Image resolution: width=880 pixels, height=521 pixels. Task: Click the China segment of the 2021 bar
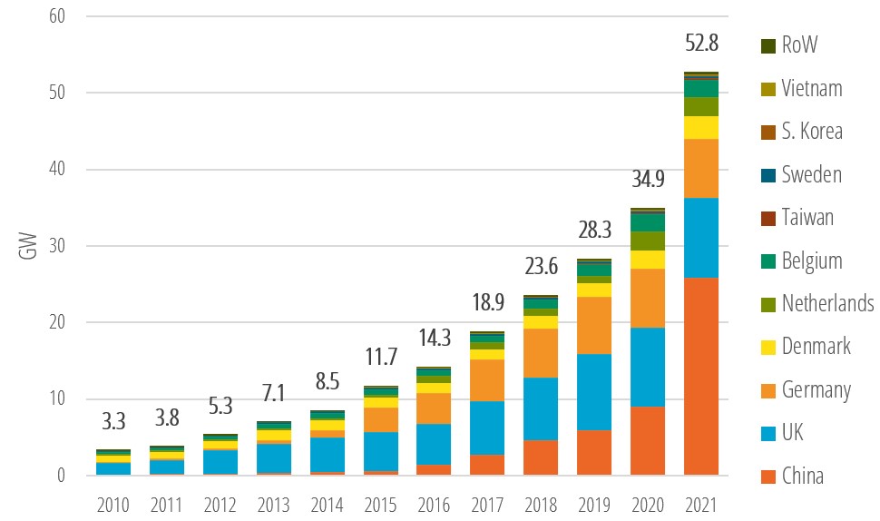tap(700, 376)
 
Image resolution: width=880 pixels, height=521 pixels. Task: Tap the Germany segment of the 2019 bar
tap(595, 325)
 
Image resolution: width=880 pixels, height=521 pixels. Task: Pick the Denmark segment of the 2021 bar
tap(700, 127)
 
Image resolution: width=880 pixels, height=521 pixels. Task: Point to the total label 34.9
tap(648, 180)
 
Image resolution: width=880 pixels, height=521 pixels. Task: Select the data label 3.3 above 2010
tap(113, 421)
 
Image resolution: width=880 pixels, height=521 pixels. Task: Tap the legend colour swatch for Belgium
tap(768, 261)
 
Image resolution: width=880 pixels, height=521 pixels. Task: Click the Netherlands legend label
tap(827, 303)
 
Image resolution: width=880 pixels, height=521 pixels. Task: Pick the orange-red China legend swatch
tap(768, 476)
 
